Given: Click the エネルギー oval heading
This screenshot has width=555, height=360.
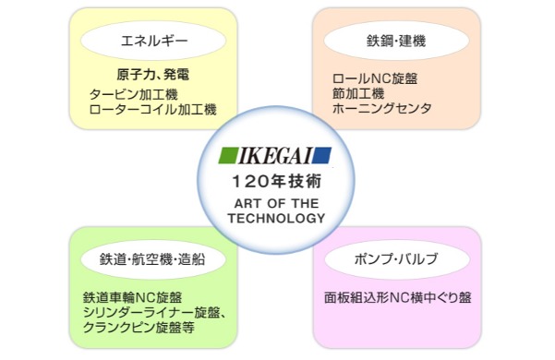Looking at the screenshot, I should click(151, 41).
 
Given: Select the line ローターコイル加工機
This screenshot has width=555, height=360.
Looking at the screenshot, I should click(152, 109).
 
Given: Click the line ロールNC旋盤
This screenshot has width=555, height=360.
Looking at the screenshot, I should click(378, 79).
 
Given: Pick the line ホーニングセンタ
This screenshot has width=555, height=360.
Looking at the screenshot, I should click(382, 108).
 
